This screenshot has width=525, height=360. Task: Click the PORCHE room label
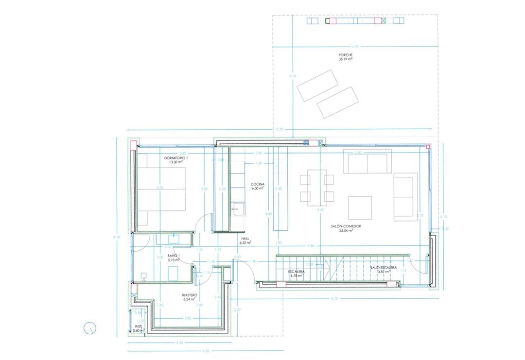point(345,55)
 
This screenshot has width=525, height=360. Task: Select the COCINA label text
point(257,184)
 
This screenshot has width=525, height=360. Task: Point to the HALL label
point(245,239)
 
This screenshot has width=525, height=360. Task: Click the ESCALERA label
point(296,272)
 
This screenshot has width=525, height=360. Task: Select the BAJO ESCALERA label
point(384,268)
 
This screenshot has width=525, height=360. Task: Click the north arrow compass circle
point(90,328)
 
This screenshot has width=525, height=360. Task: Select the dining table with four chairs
point(317,186)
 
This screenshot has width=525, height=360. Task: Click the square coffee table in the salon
point(360,207)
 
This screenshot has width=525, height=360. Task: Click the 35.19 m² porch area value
point(345,59)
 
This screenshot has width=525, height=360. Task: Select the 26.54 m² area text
point(346,231)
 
